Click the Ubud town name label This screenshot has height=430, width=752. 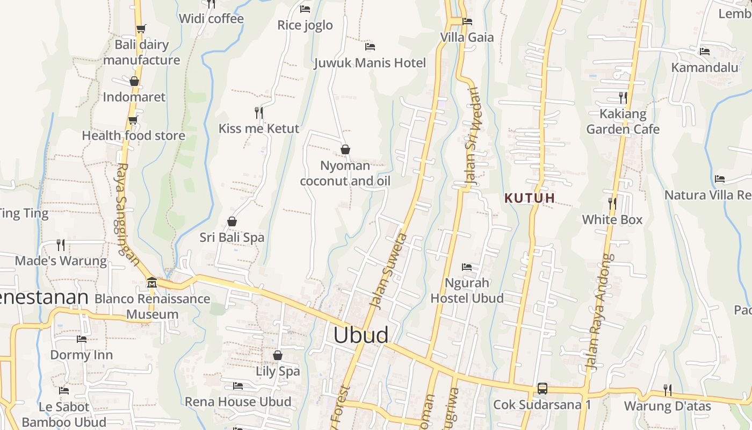pyautogui.click(x=360, y=335)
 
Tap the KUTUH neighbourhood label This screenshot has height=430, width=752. pyautogui.click(x=530, y=198)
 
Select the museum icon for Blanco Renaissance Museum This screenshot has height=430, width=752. pyautogui.click(x=151, y=282)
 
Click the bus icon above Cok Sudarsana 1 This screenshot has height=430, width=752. pyautogui.click(x=542, y=388)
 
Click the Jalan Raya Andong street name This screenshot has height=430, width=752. pyautogui.click(x=599, y=312)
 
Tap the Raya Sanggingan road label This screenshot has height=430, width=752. pyautogui.click(x=128, y=215)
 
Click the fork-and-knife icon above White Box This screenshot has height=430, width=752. pyautogui.click(x=612, y=203)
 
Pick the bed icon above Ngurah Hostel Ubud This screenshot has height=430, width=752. pyautogui.click(x=467, y=267)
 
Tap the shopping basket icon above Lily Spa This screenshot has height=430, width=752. pyautogui.click(x=278, y=355)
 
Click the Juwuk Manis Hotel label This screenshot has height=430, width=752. pyautogui.click(x=370, y=63)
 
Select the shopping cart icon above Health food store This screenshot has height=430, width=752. pyautogui.click(x=133, y=120)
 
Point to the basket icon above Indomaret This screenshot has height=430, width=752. pyautogui.click(x=134, y=81)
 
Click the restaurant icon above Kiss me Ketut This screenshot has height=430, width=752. pyautogui.click(x=259, y=112)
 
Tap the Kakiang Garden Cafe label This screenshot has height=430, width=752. pyautogui.click(x=623, y=121)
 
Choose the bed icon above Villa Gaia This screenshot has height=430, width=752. pyautogui.click(x=467, y=21)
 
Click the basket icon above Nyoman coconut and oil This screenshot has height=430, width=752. pyautogui.click(x=345, y=149)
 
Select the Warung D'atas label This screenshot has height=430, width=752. pyautogui.click(x=667, y=406)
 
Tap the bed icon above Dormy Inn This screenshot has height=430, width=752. pyautogui.click(x=82, y=339)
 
